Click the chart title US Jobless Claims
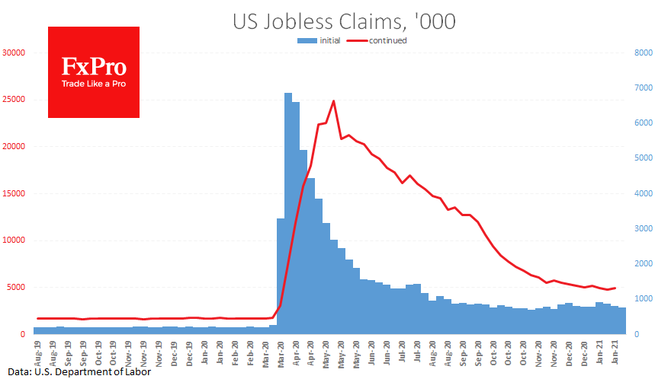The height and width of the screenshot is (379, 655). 344,21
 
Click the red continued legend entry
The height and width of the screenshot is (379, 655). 386,40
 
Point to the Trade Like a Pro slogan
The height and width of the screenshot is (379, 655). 94,83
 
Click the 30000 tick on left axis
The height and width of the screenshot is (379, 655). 13,53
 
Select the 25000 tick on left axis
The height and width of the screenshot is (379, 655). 13,100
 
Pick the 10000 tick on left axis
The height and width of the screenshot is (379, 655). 13,240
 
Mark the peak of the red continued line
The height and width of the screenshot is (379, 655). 333,100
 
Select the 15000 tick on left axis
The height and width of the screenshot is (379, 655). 13,194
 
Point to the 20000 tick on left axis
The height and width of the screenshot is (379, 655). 13,147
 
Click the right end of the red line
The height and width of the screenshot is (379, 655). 615,288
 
